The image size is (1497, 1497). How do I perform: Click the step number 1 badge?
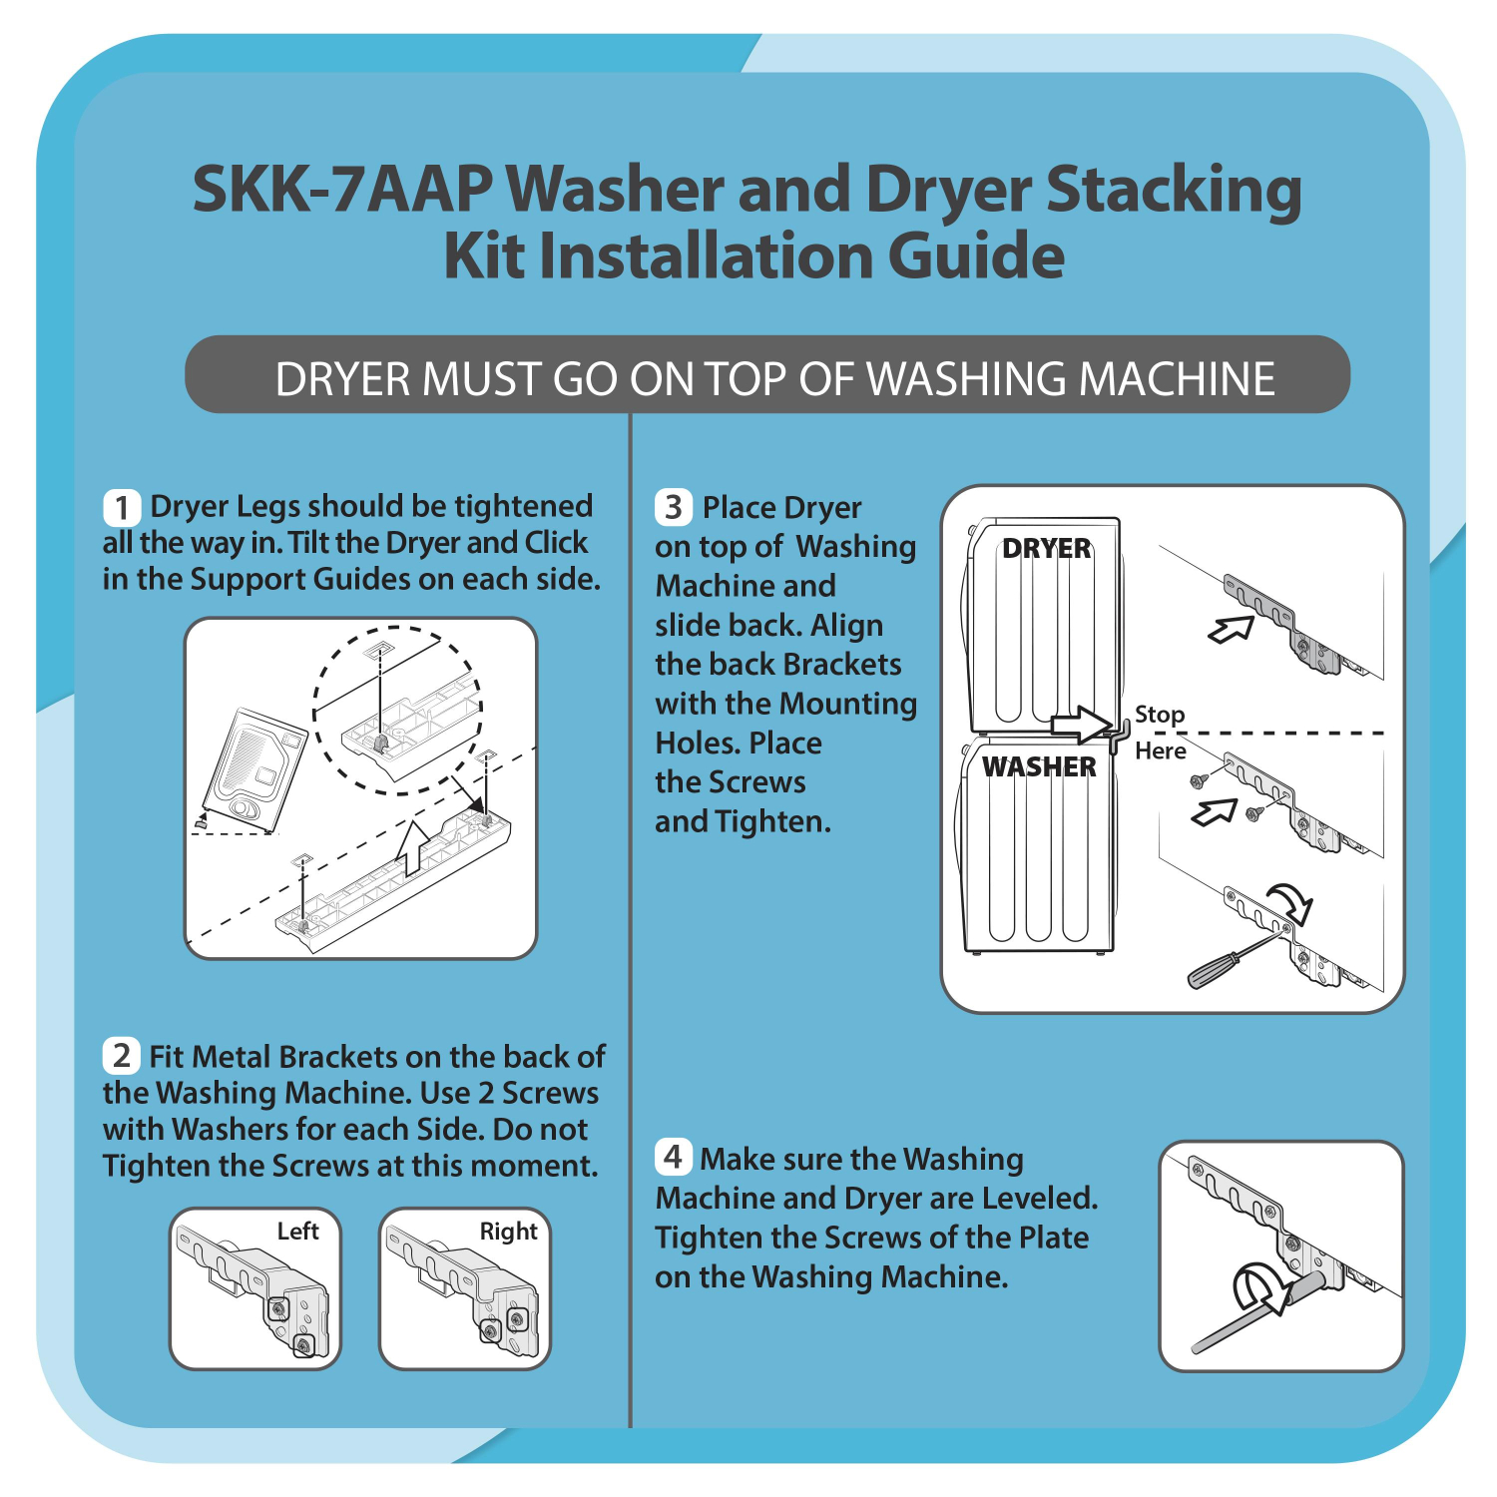coord(122,507)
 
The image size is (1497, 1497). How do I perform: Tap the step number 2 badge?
coord(122,1055)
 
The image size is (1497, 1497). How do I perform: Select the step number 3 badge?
coord(674,507)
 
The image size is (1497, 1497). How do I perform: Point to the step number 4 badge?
coord(674,1158)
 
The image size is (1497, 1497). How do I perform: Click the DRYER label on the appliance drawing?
coord(1046,548)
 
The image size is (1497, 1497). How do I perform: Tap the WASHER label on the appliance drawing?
coord(1039,766)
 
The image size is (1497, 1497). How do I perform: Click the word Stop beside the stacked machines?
coord(1160,715)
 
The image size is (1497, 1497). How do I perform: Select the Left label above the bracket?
coord(297,1231)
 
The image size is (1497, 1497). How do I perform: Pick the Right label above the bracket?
coord(508,1232)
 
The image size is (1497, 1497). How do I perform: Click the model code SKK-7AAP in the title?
coord(342,189)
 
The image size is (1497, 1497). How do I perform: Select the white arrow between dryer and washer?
coord(1082,724)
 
